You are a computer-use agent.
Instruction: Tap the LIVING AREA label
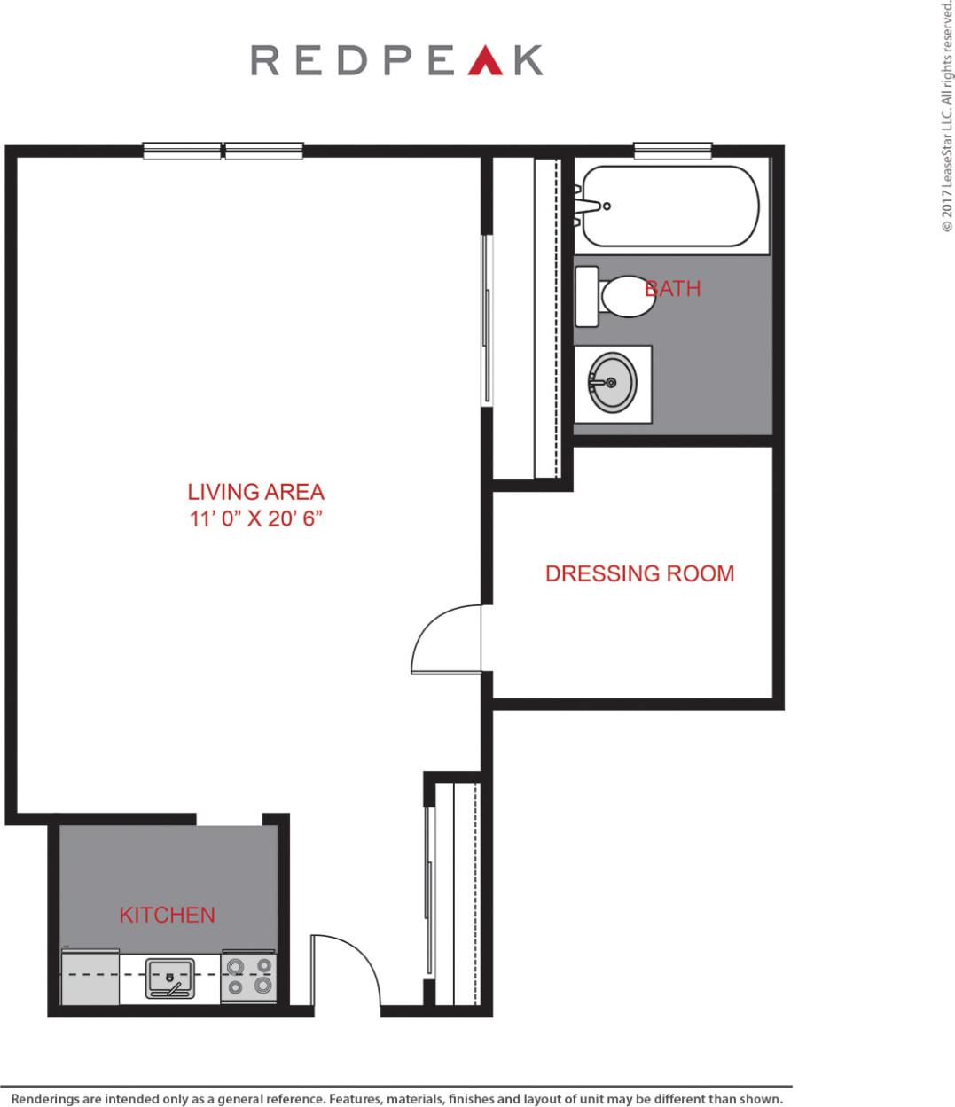point(255,492)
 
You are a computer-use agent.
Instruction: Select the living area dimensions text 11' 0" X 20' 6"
point(255,518)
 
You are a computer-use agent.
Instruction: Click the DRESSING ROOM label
point(639,573)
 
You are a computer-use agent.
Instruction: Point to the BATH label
point(673,288)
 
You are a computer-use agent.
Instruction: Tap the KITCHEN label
point(167,915)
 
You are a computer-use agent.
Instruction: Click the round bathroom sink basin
point(613,383)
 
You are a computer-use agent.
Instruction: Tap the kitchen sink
point(169,978)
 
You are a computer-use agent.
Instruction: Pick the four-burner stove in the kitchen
point(248,977)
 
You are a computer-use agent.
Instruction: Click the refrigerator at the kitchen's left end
point(90,978)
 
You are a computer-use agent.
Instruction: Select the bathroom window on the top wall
point(672,151)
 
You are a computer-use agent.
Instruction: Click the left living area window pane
point(182,151)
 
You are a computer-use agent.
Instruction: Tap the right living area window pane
point(263,151)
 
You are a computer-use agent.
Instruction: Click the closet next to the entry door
point(457,893)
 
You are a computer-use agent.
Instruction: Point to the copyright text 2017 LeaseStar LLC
point(947,115)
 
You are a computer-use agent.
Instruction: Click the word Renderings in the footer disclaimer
point(45,1099)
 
